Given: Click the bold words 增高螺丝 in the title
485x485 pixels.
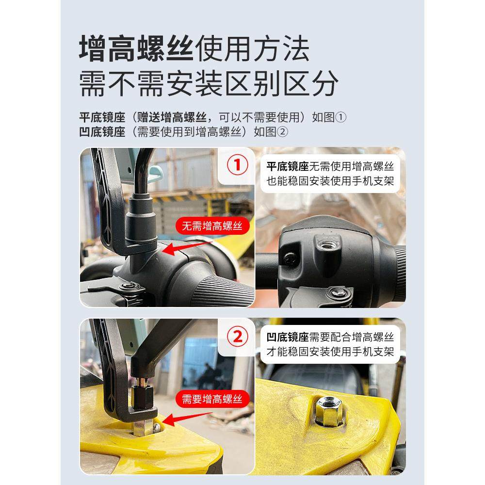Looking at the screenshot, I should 136,48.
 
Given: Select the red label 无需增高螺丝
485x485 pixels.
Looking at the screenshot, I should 211,226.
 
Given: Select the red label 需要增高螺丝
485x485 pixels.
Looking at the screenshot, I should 211,399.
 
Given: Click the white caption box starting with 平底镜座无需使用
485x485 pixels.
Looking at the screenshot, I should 330,174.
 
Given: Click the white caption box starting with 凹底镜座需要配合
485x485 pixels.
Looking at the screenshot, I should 330,344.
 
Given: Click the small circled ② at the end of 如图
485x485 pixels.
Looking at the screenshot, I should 282,131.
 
